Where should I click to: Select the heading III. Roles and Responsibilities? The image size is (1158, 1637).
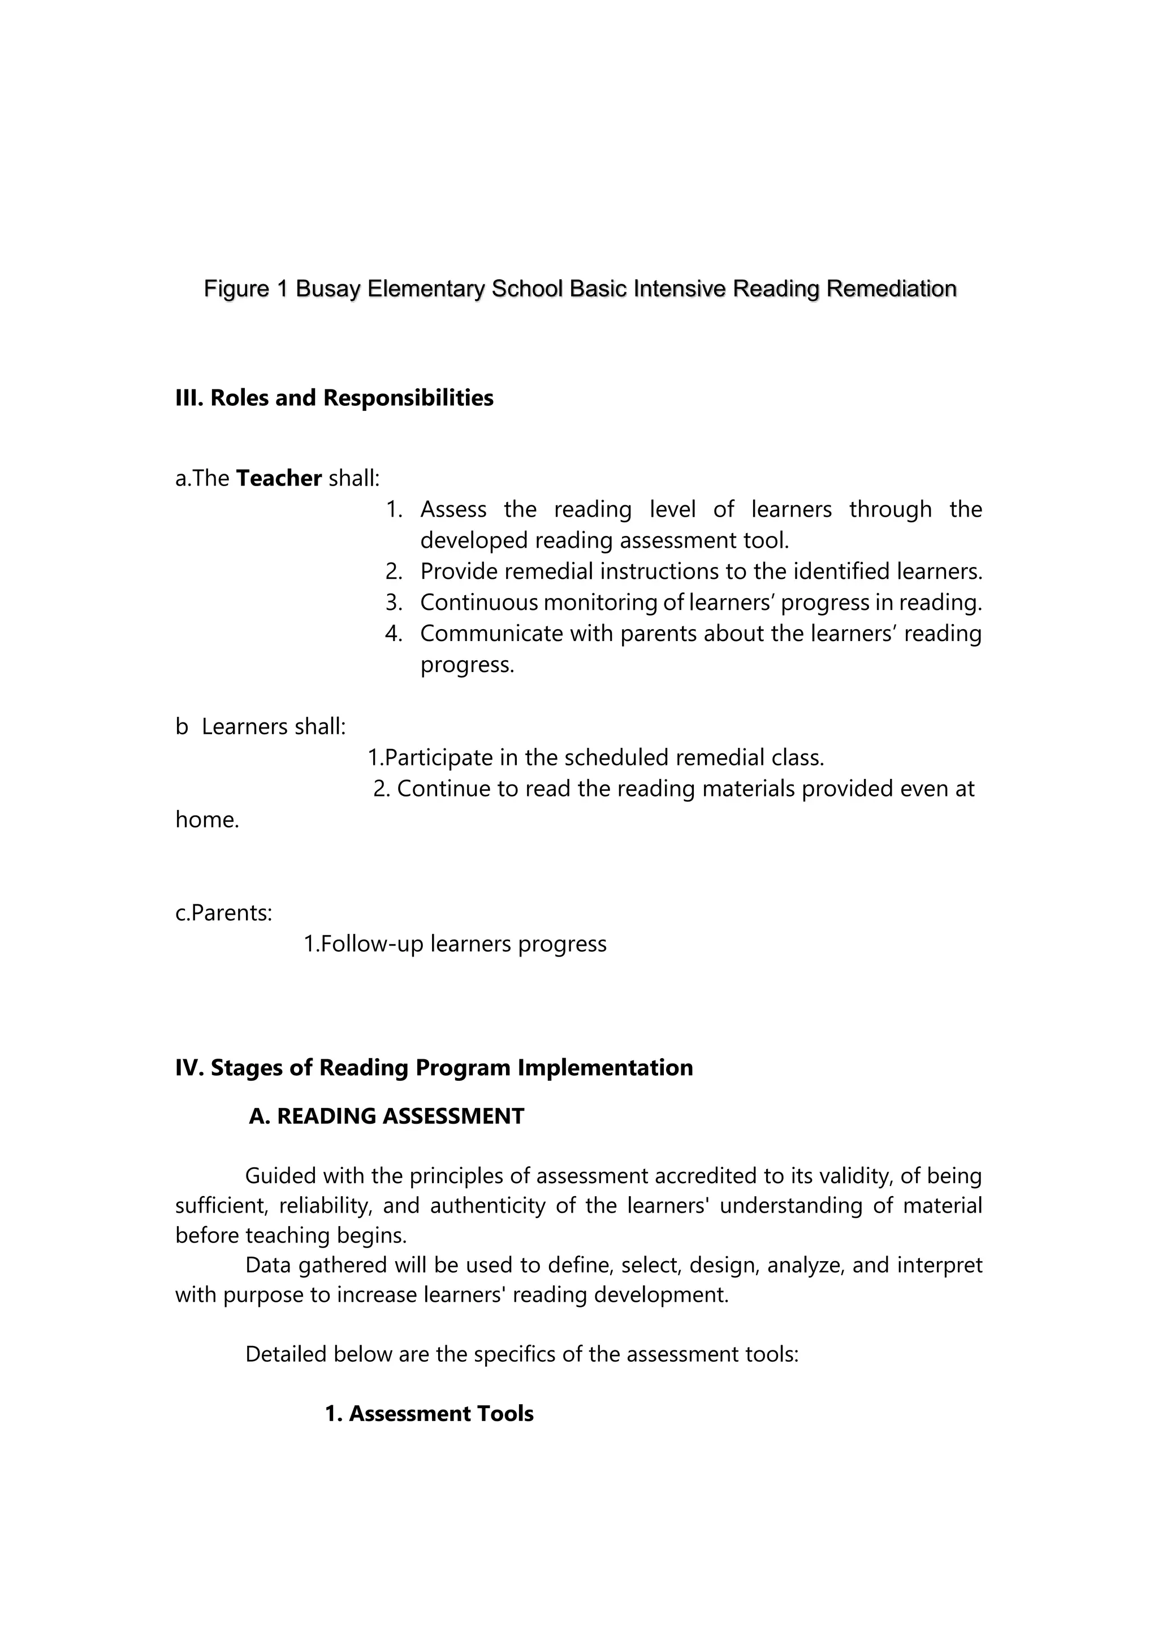tap(334, 398)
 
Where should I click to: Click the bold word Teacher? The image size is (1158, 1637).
tap(278, 478)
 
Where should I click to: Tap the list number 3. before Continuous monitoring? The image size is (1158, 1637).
tap(394, 603)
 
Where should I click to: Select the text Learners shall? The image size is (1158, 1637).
tap(273, 726)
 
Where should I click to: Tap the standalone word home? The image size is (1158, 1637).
tap(207, 820)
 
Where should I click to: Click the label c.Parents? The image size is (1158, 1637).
tap(223, 912)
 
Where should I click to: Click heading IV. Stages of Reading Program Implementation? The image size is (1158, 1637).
tap(434, 1067)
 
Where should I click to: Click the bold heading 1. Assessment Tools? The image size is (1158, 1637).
tap(429, 1414)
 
